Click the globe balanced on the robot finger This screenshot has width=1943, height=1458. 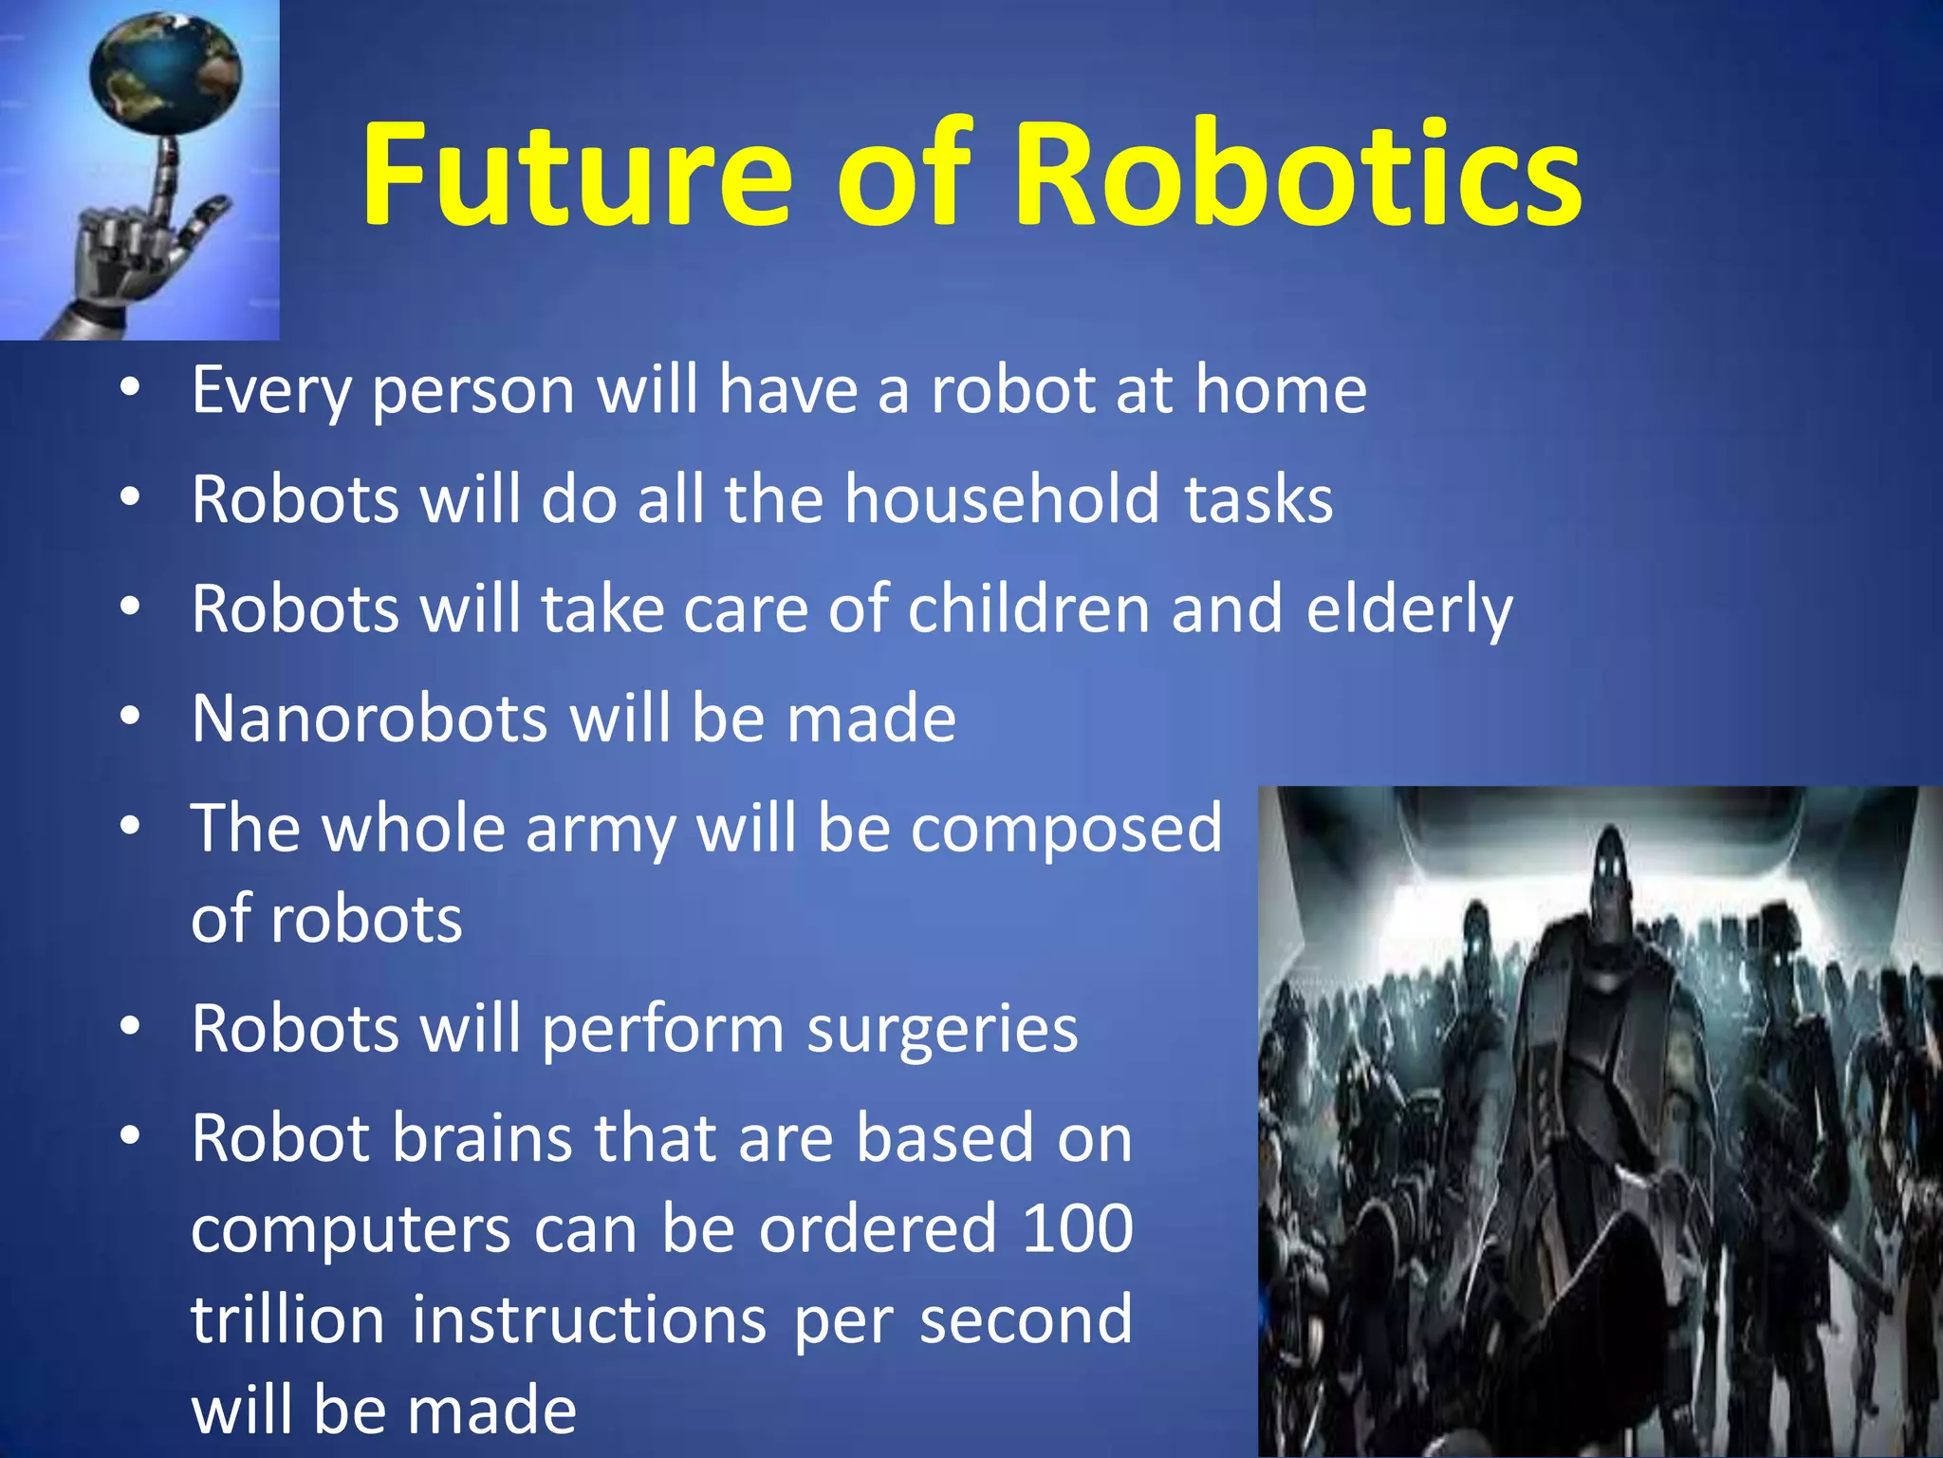click(x=165, y=71)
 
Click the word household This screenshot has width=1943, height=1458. click(x=1002, y=499)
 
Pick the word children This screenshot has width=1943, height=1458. click(x=1028, y=608)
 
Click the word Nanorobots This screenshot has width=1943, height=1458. click(x=369, y=719)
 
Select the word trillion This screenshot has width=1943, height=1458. click(x=287, y=1320)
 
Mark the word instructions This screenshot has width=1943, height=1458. click(x=588, y=1320)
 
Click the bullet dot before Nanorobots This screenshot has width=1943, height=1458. click(x=130, y=716)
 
